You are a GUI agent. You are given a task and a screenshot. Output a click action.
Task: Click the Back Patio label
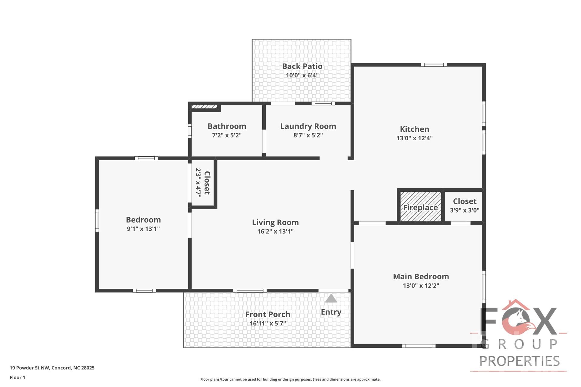point(302,66)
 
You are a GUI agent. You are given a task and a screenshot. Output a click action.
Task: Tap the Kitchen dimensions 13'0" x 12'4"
point(414,138)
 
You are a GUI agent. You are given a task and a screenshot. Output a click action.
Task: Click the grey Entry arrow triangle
point(331,299)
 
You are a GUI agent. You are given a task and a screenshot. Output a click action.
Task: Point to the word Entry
point(331,312)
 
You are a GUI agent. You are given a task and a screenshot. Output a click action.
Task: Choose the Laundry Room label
point(308,126)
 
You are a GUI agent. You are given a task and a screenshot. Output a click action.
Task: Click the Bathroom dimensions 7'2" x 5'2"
point(227,135)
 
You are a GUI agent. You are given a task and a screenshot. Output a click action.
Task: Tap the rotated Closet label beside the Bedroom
point(207,183)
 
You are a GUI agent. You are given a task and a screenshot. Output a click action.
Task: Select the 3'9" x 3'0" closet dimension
point(464,210)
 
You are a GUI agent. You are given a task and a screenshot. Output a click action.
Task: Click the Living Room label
point(275,223)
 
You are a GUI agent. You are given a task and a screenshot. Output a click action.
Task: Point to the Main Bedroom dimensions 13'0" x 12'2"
point(421,285)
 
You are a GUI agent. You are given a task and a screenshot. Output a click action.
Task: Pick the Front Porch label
point(268,314)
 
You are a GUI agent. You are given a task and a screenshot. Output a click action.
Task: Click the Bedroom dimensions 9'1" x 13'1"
point(143,229)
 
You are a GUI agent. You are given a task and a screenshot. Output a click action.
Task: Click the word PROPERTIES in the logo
point(519,361)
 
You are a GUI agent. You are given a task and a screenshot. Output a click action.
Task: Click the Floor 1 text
point(18,377)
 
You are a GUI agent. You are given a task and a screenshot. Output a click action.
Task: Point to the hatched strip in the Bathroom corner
point(204,107)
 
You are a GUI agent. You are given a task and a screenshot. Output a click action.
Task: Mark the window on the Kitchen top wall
point(434,65)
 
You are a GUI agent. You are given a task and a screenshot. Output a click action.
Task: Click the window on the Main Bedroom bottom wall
point(419,346)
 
